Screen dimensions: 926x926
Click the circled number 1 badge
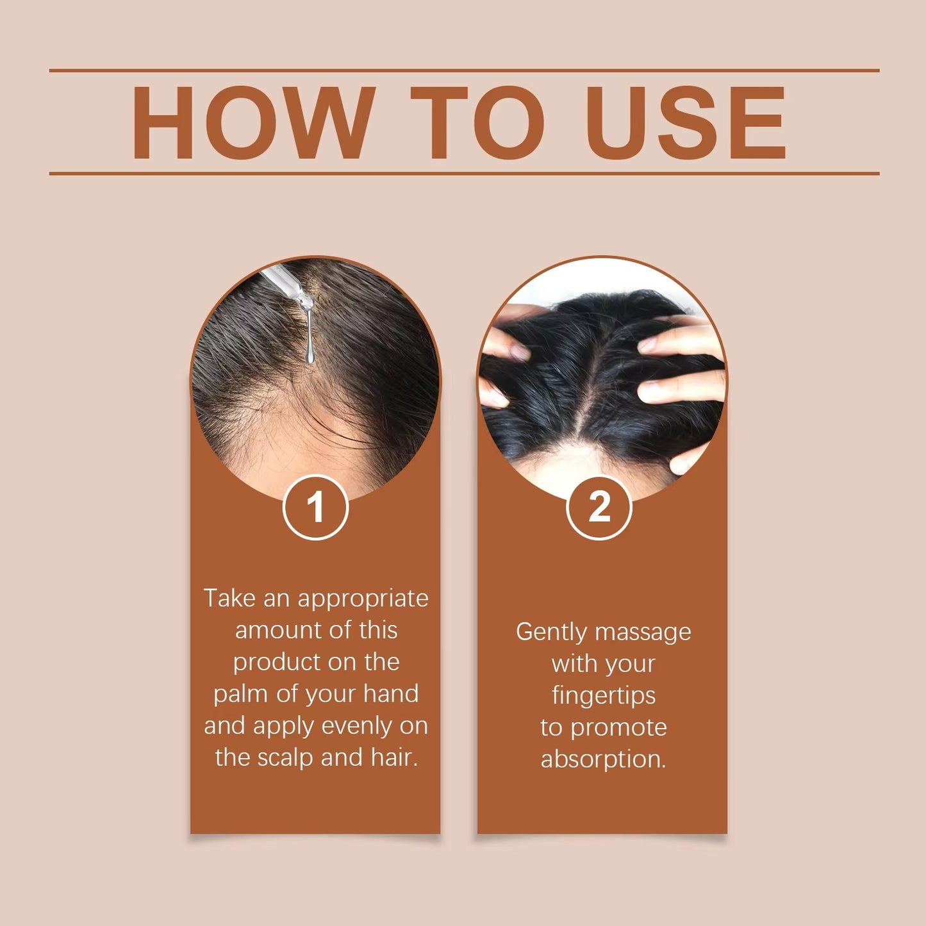(x=315, y=508)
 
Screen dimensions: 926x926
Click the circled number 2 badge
(x=600, y=508)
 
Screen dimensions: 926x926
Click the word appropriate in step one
(x=363, y=598)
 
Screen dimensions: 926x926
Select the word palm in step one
(x=238, y=694)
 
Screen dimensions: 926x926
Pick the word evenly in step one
(x=357, y=725)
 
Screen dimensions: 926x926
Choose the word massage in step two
(x=643, y=633)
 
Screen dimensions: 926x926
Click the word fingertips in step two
(x=604, y=696)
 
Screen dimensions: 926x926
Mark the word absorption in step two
(x=604, y=759)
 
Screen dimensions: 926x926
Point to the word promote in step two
(x=618, y=728)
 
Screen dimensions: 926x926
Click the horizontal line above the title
(x=464, y=70)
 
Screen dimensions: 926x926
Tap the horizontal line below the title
(x=464, y=173)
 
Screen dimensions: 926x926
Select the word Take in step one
(x=230, y=598)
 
